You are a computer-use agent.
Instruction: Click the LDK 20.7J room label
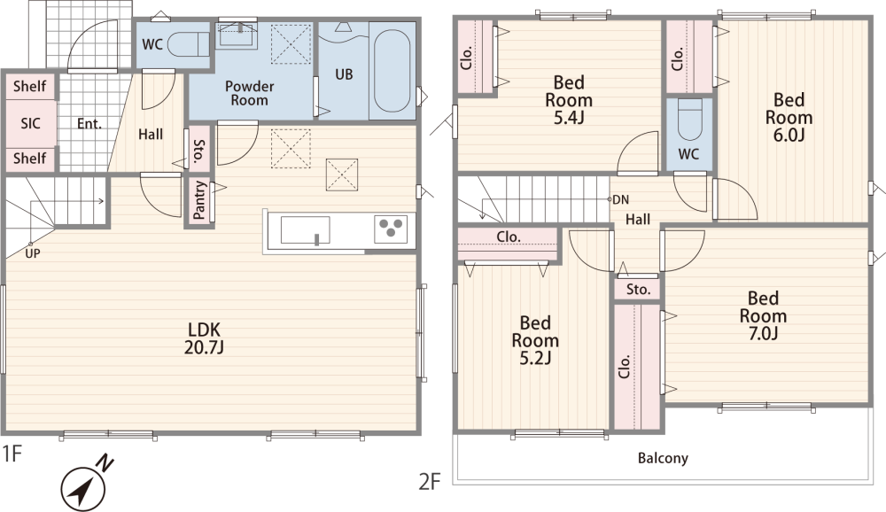(204, 338)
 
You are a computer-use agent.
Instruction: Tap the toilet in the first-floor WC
(190, 44)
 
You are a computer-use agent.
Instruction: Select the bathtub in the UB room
(392, 71)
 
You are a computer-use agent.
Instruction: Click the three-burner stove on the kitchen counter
(391, 229)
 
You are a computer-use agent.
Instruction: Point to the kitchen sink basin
(305, 230)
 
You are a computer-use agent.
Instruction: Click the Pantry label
(199, 200)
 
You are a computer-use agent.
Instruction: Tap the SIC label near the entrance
(30, 123)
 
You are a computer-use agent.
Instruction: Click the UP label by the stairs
(33, 253)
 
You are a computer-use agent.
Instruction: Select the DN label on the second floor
(620, 199)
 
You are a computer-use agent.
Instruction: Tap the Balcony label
(663, 458)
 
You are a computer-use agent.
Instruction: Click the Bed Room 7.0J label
(763, 315)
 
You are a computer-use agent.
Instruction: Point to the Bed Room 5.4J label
(569, 99)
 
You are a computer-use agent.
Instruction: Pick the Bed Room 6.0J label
(789, 117)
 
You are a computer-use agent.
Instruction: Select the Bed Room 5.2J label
(535, 340)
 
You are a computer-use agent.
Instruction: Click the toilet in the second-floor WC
(688, 119)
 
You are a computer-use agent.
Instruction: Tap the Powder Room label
(249, 93)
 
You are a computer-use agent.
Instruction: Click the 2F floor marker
(430, 482)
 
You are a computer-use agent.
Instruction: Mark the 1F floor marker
(12, 454)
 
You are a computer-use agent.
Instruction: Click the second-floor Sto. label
(638, 290)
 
